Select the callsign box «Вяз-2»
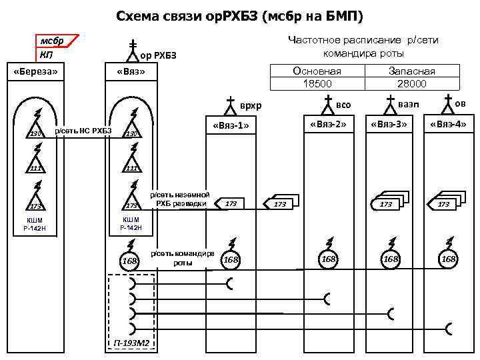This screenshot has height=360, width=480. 327,123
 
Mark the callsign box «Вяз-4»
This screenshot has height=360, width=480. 449,123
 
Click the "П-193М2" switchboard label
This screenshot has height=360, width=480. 131,344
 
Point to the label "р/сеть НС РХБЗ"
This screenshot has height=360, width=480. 83,130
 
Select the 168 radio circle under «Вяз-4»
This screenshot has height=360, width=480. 449,259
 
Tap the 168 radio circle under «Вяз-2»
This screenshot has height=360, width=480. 329,259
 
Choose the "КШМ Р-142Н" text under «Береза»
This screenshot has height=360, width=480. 35,223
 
